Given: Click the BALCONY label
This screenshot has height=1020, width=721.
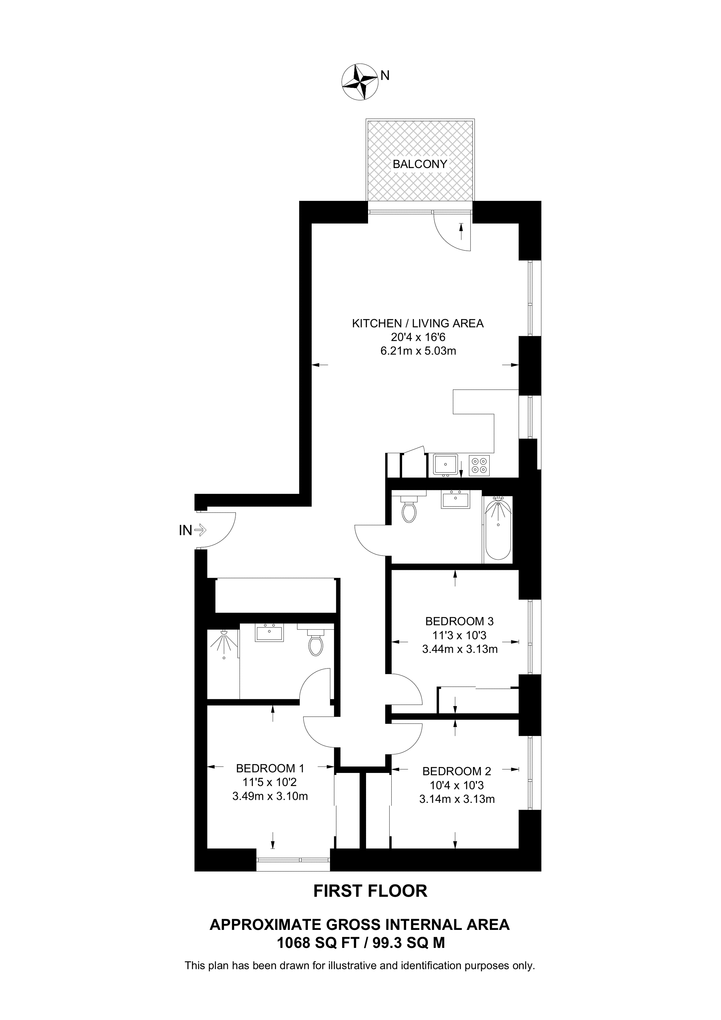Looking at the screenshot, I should point(420,164).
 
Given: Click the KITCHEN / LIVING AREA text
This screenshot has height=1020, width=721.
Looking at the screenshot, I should point(418,323).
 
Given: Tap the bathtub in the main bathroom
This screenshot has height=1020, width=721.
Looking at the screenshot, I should point(498,529).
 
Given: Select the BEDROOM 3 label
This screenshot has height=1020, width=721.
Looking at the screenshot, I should point(459,621).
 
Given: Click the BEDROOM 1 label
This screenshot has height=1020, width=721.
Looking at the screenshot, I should point(270,768).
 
